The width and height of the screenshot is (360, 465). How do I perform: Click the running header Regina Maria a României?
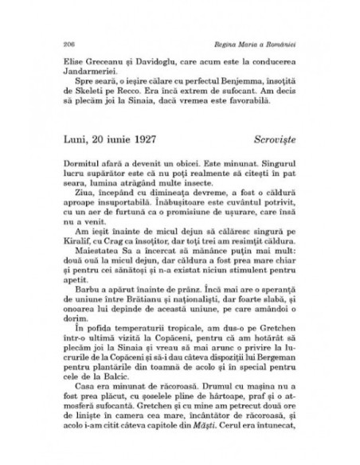261,39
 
